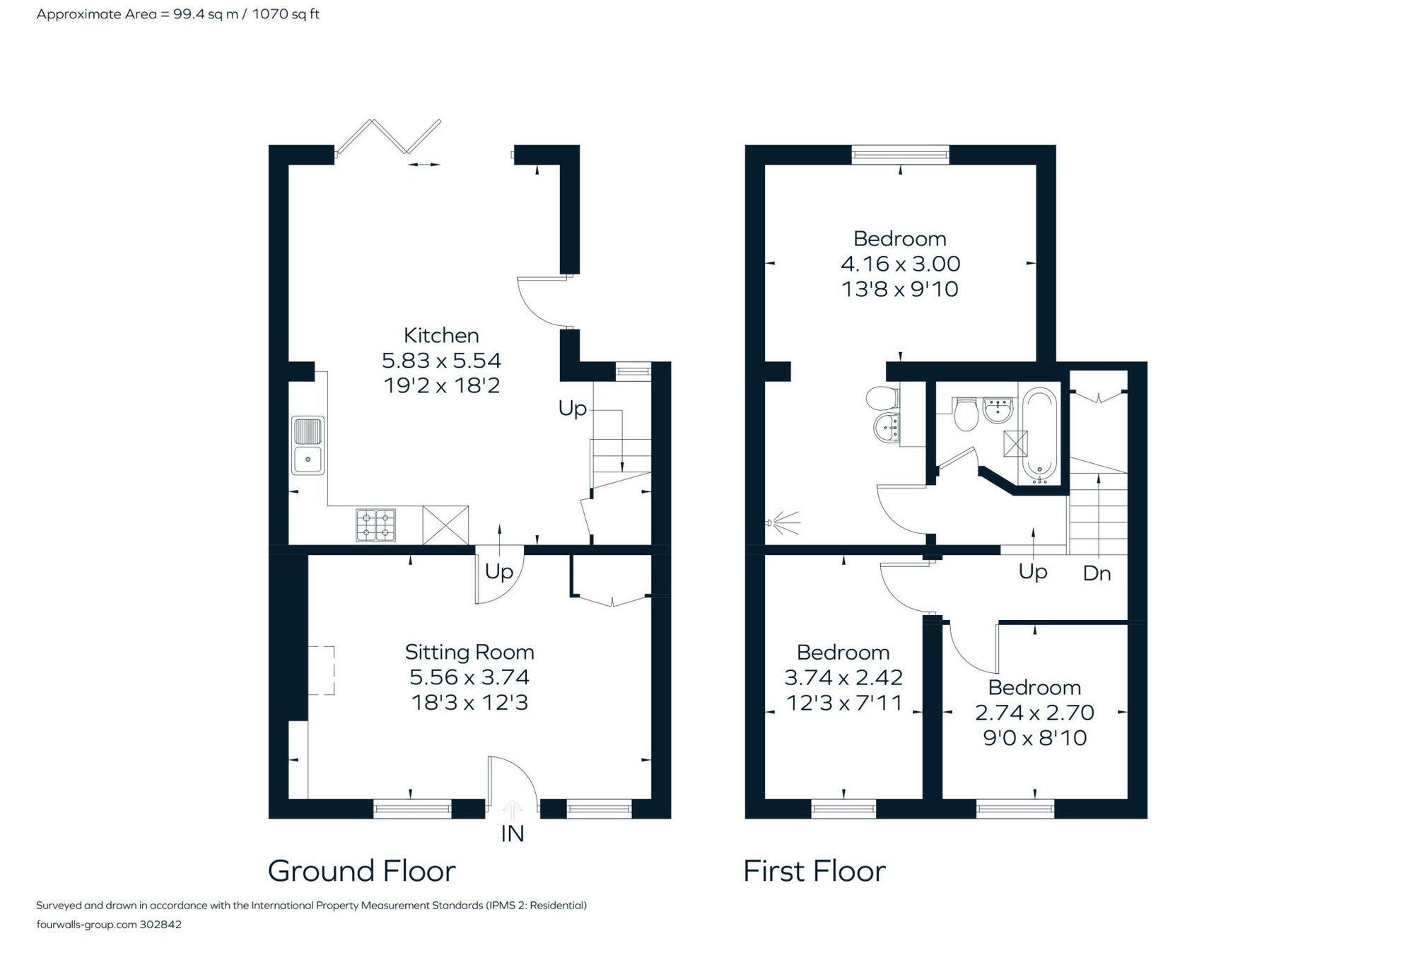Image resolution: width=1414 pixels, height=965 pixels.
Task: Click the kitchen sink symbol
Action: pos(308,445)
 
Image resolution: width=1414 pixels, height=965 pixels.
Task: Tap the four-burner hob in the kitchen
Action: pos(375,525)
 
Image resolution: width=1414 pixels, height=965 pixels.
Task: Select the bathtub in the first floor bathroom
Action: pos(1039,433)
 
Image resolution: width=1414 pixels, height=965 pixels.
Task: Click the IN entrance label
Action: pos(512,834)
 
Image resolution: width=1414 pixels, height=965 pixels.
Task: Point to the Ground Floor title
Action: pos(361,871)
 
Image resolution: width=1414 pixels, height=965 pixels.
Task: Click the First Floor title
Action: pos(814,871)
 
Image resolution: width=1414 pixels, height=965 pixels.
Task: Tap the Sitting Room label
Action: pos(469,652)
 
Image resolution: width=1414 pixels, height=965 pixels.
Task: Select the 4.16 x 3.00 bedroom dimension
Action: pos(900,264)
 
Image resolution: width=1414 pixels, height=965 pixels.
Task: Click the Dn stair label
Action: pos(1097,573)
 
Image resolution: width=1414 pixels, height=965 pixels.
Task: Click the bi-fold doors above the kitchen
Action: pos(389,136)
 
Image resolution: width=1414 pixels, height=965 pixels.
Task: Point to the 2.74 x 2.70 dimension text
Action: pos(1034,713)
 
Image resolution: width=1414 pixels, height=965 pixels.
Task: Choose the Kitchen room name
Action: pos(441,335)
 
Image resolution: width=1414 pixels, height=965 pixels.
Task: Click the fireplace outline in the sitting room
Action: pos(321,669)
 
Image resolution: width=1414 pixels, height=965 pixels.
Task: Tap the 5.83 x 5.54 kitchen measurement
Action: pos(441,361)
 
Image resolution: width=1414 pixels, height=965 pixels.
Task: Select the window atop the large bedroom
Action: pos(900,154)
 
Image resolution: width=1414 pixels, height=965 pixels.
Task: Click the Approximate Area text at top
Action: pos(177,14)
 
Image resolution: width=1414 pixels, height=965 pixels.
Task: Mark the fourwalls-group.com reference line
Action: pos(109,924)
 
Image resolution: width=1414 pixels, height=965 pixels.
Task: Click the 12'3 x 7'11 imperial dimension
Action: pos(844,703)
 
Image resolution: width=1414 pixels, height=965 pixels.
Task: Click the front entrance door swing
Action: pos(512,781)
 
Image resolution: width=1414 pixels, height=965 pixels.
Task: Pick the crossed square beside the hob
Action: pos(445,525)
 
